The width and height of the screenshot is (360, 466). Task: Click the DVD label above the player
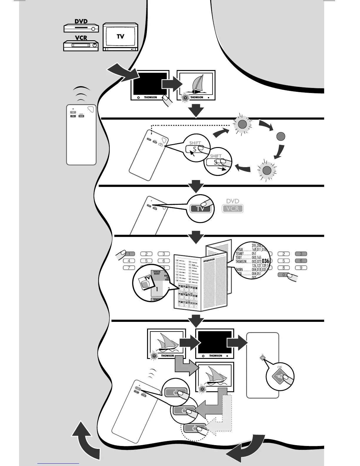tap(81, 21)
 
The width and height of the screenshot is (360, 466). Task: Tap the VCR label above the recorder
tap(81, 38)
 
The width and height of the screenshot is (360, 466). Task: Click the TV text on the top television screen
tap(120, 36)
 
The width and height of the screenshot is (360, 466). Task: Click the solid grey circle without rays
tap(281, 137)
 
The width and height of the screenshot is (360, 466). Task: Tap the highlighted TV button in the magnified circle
tap(200, 209)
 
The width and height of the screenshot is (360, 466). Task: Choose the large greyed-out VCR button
tap(233, 209)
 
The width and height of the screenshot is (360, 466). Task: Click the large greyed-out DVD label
tap(233, 201)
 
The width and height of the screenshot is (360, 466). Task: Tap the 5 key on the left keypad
tap(146, 261)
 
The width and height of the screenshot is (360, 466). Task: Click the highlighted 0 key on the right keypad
tap(284, 275)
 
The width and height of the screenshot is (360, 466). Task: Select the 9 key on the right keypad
tap(301, 268)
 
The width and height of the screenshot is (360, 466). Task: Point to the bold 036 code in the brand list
tap(265, 261)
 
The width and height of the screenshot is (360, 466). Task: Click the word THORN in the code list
tap(239, 269)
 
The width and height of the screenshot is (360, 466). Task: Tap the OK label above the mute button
tap(280, 367)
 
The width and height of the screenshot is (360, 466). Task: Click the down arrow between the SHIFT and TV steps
tap(196, 186)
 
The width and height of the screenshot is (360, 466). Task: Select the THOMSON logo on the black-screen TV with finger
tap(150, 97)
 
